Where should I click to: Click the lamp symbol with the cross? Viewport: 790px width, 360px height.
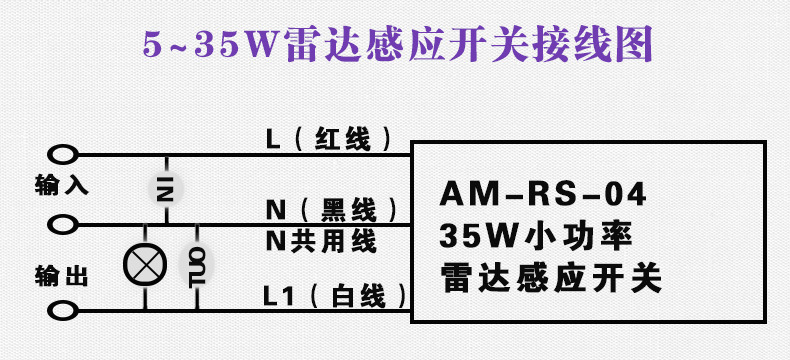tap(141, 264)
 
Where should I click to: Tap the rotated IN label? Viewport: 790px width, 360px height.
tap(165, 186)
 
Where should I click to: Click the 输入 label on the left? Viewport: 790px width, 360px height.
tap(61, 185)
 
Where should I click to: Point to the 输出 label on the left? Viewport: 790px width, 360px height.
tap(61, 277)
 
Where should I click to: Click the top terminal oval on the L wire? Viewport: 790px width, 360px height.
tap(62, 155)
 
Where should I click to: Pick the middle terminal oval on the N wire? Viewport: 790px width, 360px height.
tap(62, 222)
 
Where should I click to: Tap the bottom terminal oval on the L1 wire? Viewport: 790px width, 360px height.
tap(62, 311)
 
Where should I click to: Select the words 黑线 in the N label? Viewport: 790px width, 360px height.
tap(349, 210)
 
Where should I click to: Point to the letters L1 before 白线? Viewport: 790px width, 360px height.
tap(277, 296)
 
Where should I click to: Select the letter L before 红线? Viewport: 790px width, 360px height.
tap(273, 138)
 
